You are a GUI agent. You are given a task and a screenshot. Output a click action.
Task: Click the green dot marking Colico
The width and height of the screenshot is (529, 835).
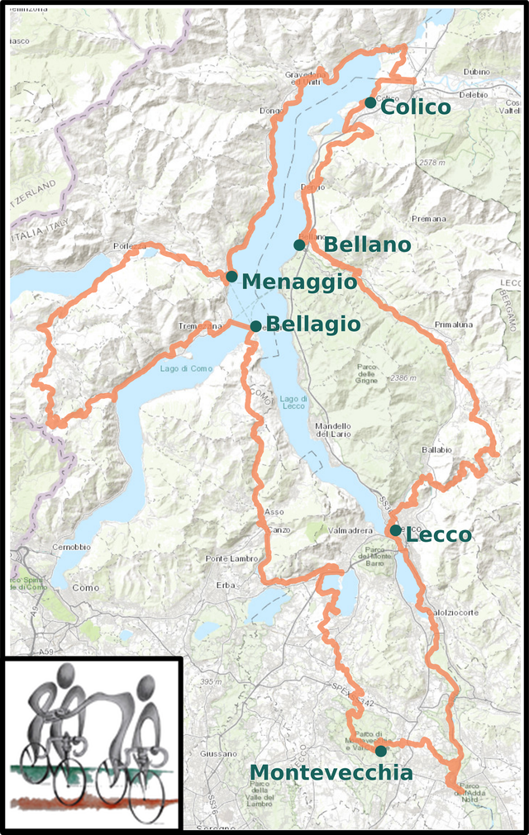coord(369,102)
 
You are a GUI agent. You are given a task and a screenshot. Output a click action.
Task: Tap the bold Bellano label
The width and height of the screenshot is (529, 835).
coord(367,244)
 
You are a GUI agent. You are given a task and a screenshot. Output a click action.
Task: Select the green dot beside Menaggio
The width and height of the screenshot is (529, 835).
coord(231,276)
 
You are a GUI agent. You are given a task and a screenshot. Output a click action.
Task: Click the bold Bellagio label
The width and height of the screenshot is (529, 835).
coord(314,325)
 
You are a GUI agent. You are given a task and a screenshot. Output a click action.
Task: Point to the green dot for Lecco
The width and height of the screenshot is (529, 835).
coord(396,530)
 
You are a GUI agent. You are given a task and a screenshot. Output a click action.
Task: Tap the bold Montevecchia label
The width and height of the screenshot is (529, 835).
coord(331,773)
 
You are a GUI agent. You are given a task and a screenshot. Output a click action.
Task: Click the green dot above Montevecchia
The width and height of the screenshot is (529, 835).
coord(380,751)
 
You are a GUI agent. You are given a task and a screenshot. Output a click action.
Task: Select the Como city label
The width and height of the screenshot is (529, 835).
coord(85,588)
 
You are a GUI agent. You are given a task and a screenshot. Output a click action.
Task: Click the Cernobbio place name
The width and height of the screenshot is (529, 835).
coord(70,548)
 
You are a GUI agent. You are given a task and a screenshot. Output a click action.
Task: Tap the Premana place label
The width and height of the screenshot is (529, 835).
coord(428,219)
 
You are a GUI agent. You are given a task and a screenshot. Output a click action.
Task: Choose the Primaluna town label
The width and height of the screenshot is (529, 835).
coord(454,325)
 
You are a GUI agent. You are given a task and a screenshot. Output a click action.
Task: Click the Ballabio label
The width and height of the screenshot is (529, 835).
coord(437,450)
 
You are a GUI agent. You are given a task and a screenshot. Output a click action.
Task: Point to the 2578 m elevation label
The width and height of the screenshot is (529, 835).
coord(438,163)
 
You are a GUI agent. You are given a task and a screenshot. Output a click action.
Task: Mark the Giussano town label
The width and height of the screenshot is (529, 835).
coord(219,754)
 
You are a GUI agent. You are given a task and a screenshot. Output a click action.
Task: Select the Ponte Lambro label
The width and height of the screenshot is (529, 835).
coord(228,559)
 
